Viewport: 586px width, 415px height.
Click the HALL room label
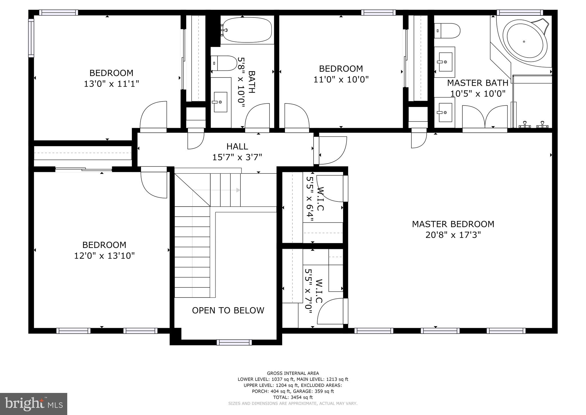[237, 146]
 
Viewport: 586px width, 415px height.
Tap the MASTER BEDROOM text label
[453, 224]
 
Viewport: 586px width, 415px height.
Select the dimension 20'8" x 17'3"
[453, 235]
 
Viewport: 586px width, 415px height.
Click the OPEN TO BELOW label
[228, 310]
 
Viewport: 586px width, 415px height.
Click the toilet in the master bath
[447, 31]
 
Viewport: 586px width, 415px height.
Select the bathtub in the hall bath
[247, 30]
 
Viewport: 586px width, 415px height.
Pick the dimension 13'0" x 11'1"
[111, 84]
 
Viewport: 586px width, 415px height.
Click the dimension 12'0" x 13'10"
[104, 256]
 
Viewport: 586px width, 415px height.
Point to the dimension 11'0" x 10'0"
[341, 79]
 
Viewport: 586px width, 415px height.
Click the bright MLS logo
[33, 404]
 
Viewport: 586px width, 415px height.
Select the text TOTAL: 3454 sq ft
[293, 397]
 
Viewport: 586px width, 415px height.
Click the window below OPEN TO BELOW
[234, 342]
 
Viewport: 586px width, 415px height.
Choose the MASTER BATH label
[478, 83]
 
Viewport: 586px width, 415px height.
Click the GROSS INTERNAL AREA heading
[293, 373]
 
